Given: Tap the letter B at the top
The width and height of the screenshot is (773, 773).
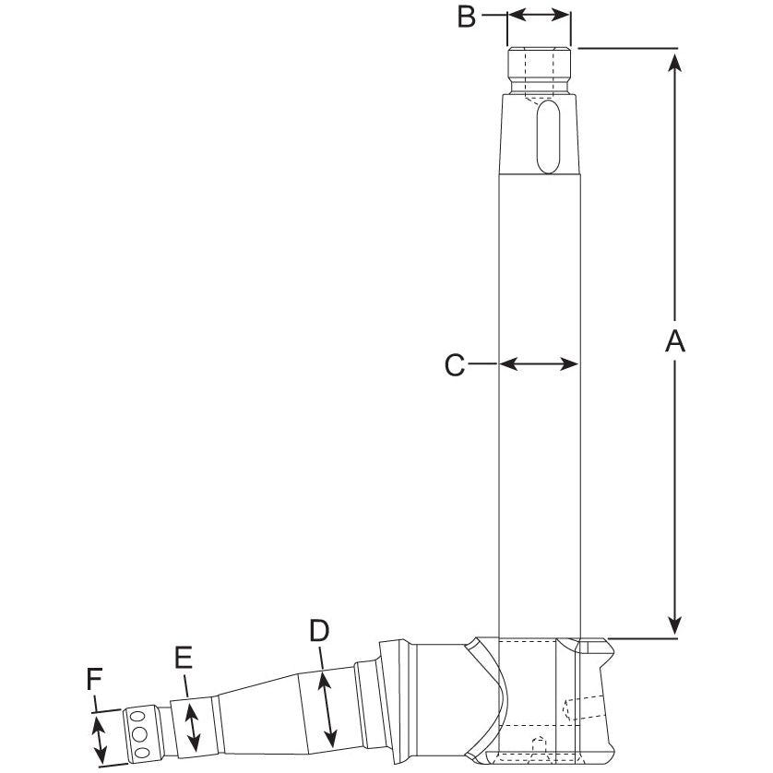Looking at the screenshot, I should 467,16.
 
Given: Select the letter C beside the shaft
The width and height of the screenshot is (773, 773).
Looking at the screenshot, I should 454,365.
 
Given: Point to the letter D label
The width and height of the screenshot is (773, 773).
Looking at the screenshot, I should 319,630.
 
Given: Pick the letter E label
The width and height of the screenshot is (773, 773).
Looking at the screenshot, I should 183,657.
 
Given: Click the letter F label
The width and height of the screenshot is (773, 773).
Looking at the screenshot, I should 94,681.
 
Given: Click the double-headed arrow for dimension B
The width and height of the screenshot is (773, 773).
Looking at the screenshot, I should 539,15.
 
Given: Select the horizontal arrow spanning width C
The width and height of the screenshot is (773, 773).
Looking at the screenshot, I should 539,364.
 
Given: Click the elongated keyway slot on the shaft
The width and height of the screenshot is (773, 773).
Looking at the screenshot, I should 547,136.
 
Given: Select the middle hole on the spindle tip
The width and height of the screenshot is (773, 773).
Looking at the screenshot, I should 140,733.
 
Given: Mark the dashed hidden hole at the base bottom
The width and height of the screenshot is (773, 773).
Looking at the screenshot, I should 541,745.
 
